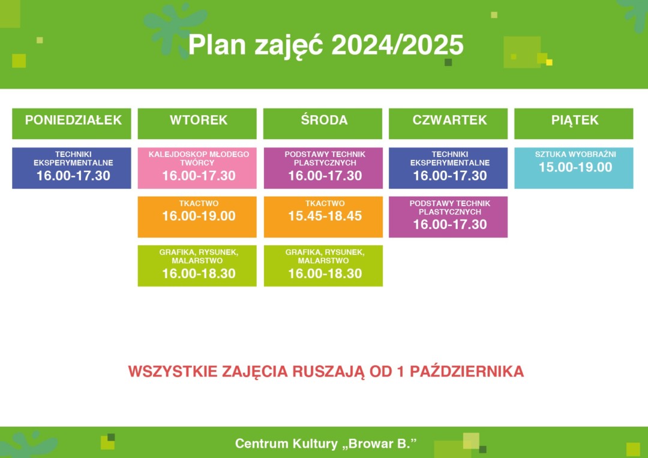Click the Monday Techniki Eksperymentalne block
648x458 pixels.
tap(71, 168)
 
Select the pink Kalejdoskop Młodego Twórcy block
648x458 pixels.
tap(197, 168)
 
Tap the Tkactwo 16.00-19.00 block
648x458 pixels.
tap(197, 216)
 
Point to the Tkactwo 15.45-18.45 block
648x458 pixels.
tap(323, 216)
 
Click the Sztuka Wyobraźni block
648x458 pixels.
tap(574, 168)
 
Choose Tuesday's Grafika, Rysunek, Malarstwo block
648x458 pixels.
tap(197, 266)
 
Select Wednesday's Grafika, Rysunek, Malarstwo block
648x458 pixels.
tap(323, 266)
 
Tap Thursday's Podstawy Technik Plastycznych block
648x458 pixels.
tap(448, 216)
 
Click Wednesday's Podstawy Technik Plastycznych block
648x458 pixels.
tap(323, 168)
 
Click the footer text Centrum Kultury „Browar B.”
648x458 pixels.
tap(326, 444)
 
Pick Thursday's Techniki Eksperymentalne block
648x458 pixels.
tap(448, 168)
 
